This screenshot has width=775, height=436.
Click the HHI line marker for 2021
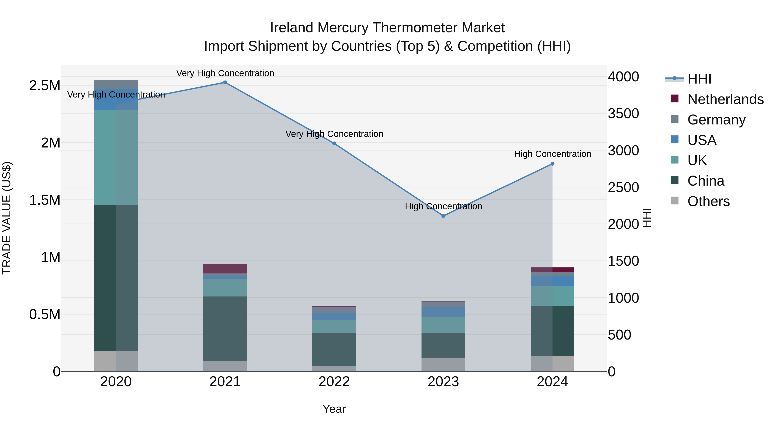pyautogui.click(x=225, y=82)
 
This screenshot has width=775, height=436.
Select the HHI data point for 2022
pyautogui.click(x=334, y=144)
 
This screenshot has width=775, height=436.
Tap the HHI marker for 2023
pyautogui.click(x=443, y=216)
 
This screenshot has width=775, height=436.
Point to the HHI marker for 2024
pyautogui.click(x=552, y=164)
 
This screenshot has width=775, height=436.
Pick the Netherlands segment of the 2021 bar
pyautogui.click(x=225, y=268)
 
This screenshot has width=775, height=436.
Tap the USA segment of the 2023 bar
pyautogui.click(x=443, y=312)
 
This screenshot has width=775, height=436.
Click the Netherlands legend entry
pyautogui.click(x=725, y=99)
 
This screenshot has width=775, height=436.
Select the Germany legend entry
pyautogui.click(x=716, y=120)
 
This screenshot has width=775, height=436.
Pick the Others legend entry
pyautogui.click(x=708, y=201)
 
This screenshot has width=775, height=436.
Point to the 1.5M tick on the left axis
pyautogui.click(x=45, y=200)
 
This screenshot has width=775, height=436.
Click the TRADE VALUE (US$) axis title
pyautogui.click(x=7, y=218)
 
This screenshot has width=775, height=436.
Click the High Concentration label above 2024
pyautogui.click(x=552, y=154)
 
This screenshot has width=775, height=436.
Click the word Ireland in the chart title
pyautogui.click(x=292, y=28)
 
